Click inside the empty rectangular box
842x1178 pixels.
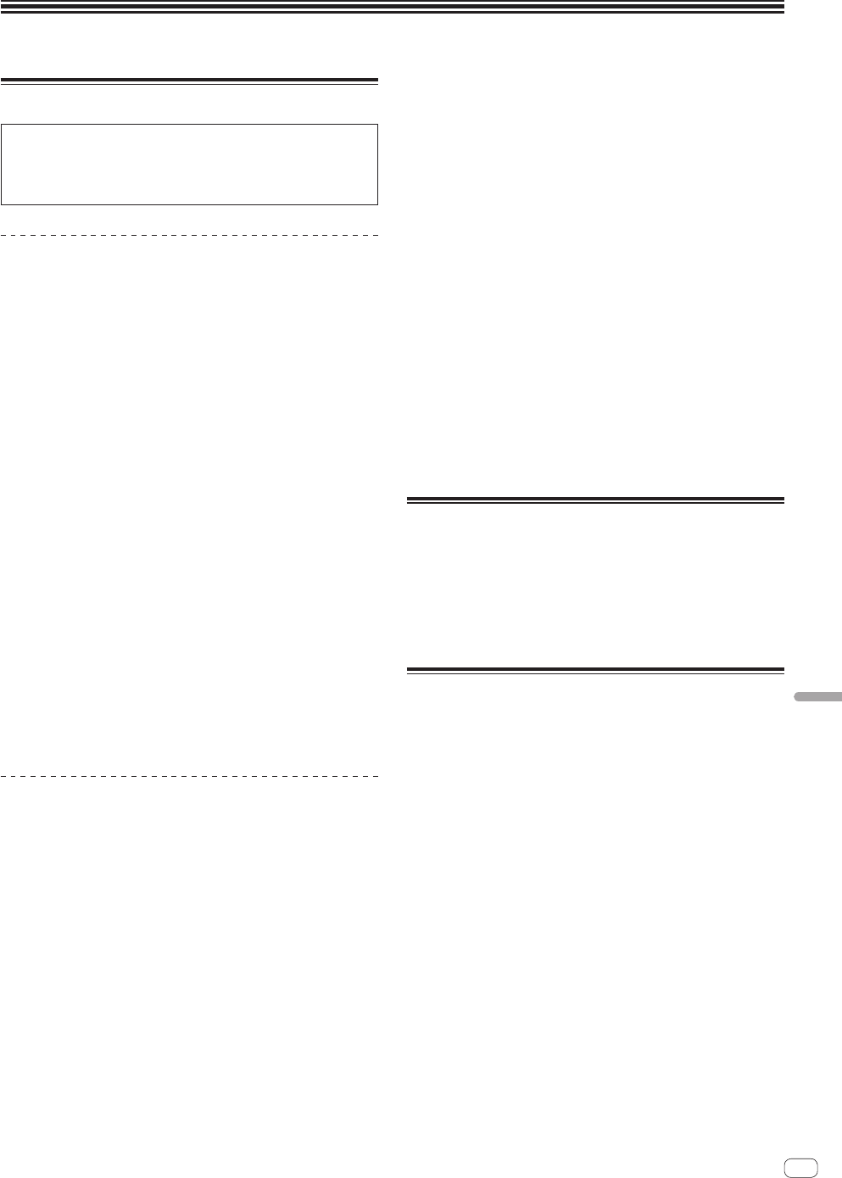click(189, 165)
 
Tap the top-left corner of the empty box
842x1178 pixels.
click(2, 126)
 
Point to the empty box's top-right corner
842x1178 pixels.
click(376, 126)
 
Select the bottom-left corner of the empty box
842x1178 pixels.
click(2, 204)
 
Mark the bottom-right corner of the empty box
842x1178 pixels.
click(376, 204)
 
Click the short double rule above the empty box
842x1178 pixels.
click(189, 81)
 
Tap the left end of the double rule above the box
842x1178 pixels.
click(2, 81)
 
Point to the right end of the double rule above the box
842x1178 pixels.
click(377, 81)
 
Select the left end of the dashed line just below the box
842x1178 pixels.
click(2, 235)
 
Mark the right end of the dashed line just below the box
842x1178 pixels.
click(377, 235)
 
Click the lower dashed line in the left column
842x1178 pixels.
click(189, 776)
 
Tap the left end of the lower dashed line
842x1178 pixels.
click(2, 776)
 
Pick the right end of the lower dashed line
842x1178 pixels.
click(377, 776)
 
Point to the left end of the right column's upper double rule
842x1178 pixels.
click(408, 500)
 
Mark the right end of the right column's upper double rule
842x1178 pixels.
click(784, 500)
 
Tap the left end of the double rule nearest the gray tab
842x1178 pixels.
click(408, 671)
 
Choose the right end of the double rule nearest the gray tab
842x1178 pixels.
click(784, 671)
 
